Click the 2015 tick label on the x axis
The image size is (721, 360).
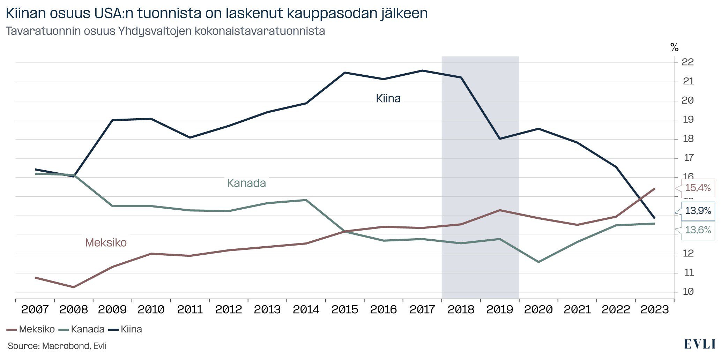click(344, 309)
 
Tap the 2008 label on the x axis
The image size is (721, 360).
click(73, 309)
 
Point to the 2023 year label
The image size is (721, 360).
click(654, 309)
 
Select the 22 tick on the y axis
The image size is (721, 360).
click(687, 62)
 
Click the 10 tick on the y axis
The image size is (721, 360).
click(687, 292)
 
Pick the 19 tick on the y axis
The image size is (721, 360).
click(687, 120)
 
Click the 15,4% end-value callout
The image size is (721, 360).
click(698, 188)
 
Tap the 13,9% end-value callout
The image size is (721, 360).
click(698, 211)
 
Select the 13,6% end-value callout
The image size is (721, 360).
click(698, 230)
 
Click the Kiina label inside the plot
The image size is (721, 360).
click(388, 99)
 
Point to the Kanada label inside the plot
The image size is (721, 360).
click(246, 183)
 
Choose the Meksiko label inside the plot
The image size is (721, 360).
click(106, 242)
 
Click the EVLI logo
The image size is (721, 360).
click(699, 344)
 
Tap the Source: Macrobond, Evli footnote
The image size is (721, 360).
click(57, 346)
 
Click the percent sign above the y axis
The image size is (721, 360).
click(675, 47)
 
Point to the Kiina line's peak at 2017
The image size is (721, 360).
click(422, 70)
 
